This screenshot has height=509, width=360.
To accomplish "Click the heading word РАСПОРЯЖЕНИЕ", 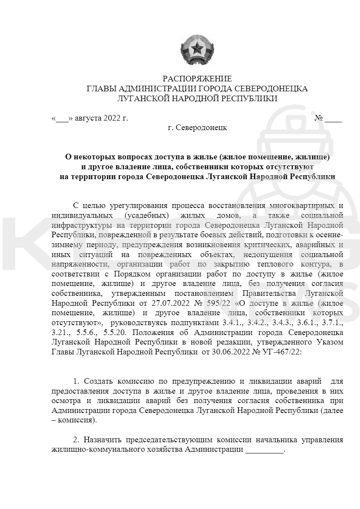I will point(197,79).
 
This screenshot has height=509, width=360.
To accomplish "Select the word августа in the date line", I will point(88,118).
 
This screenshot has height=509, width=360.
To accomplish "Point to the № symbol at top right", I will point(319,118).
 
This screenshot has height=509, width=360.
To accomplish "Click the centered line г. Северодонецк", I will point(197,128).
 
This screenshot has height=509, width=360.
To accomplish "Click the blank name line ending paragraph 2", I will point(264,450).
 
